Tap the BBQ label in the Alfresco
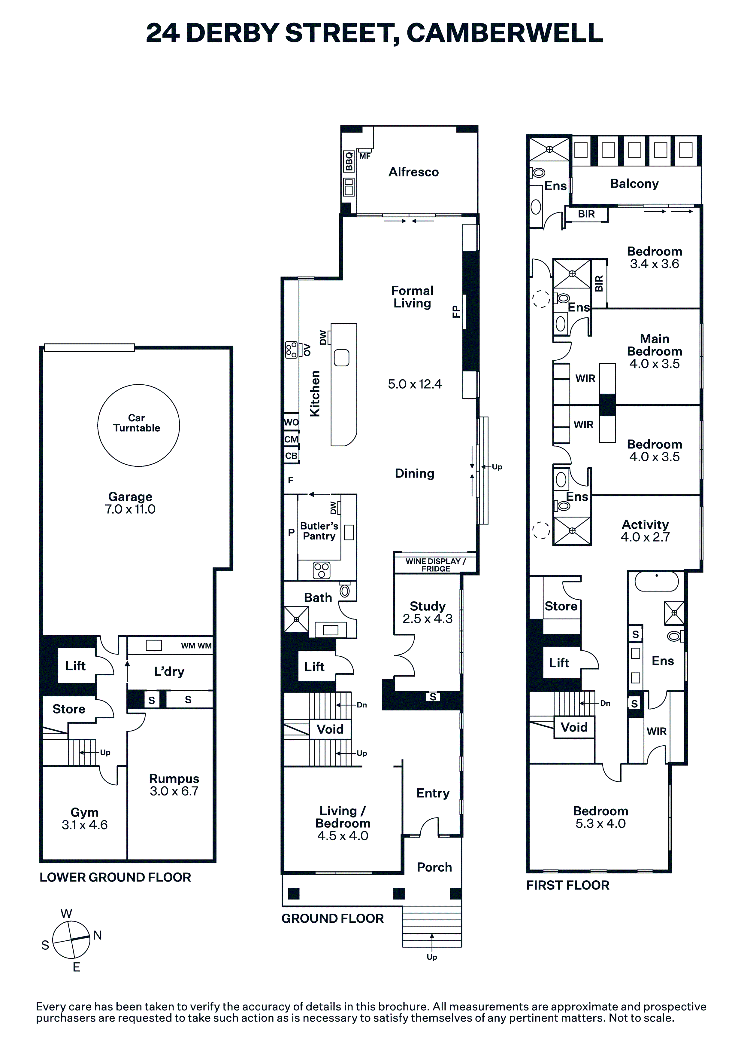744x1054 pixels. [349, 161]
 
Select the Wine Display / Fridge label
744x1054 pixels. [435, 565]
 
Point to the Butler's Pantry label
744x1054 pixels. [319, 531]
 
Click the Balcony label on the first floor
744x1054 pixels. [634, 184]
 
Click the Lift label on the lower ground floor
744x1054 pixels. [76, 666]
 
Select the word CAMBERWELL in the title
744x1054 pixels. [505, 33]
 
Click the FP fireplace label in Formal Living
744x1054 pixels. [456, 312]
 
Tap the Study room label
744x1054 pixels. [428, 606]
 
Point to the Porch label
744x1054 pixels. [434, 867]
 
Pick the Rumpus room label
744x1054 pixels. [174, 779]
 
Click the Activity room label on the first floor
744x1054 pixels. [646, 524]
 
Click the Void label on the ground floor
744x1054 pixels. [330, 729]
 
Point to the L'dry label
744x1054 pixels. [169, 672]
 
